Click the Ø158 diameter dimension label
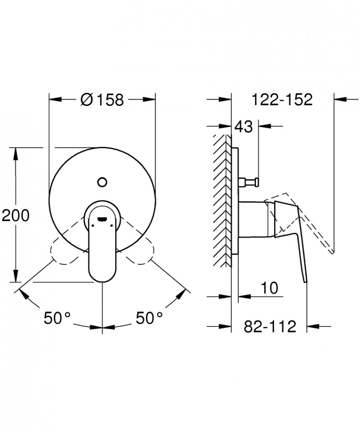pos(102,99)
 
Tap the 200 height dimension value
pos(15,216)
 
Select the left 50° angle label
pos(58,318)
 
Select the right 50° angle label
pos(149,318)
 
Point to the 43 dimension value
pos(244,127)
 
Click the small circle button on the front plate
pos(102,182)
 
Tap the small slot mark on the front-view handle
pos(103,219)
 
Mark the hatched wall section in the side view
pos(222,198)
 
